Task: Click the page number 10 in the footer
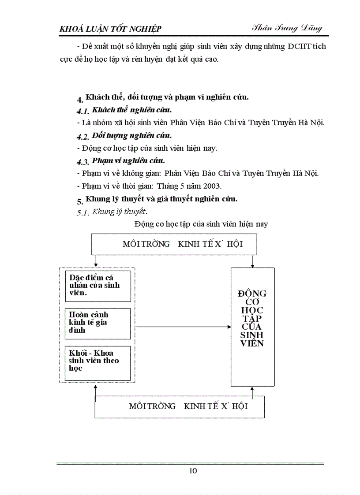pos(193,471)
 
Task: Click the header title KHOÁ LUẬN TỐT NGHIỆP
pos(110,29)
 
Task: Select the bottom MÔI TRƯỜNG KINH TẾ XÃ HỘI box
pos(180,406)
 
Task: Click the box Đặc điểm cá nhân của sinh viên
pos(97,286)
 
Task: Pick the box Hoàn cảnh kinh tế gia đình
pos(97,323)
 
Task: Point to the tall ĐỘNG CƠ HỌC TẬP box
pos(252,326)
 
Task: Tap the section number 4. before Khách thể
pos(80,100)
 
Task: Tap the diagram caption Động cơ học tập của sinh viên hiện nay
pos(201,224)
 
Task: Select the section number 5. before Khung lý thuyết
pos(80,201)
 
